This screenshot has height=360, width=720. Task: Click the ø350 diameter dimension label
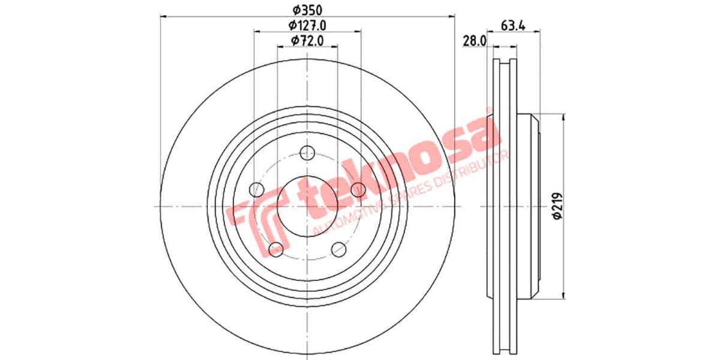pos(307,10)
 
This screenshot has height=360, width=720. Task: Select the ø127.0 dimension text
pos(307,25)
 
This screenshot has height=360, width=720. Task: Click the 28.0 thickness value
pos(474,41)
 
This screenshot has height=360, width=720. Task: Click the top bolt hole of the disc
pos(308,151)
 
